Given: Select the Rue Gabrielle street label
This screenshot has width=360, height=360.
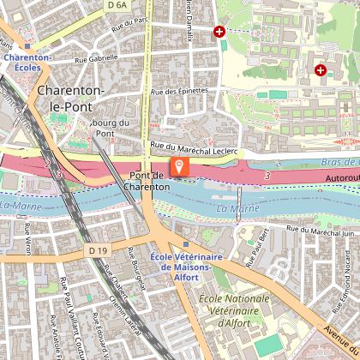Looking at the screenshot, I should [96, 60].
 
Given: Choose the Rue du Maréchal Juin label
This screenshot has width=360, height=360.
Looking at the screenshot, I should [320, 229].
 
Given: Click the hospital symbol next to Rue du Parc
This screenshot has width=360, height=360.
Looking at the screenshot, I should [219, 32].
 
